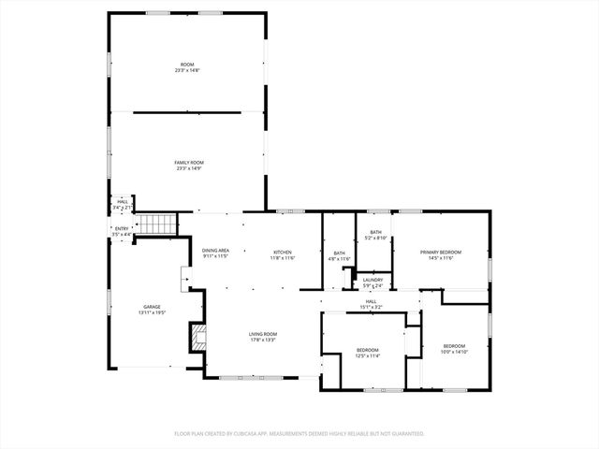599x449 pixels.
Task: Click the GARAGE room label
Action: [x=152, y=306]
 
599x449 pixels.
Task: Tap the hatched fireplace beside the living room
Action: [x=197, y=338]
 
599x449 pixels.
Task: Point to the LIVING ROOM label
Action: [x=262, y=334]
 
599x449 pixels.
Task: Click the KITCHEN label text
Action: [x=283, y=253]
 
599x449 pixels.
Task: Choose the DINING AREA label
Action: [x=215, y=250]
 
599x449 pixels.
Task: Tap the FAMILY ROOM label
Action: [x=188, y=163]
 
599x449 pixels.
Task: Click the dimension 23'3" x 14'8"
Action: [x=188, y=70]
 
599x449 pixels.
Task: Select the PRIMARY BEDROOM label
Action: [x=440, y=253]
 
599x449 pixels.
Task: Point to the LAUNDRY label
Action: [x=373, y=280]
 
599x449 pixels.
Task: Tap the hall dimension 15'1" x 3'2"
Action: [x=372, y=306]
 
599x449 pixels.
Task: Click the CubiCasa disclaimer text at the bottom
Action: [x=299, y=433]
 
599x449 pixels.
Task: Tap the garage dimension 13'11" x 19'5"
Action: [x=152, y=311]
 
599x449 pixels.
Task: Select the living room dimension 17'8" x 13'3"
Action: [x=262, y=340]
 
